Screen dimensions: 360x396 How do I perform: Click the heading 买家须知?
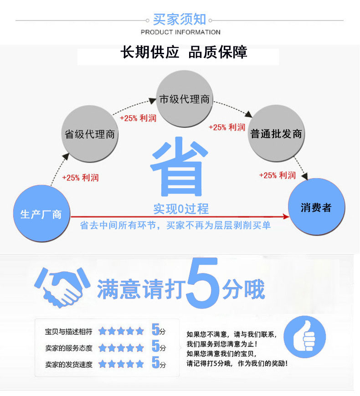click(x=180, y=20)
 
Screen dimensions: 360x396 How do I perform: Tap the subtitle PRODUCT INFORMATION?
click(x=180, y=32)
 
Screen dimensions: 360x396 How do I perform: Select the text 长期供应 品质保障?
click(x=184, y=53)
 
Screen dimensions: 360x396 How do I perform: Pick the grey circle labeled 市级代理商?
click(x=184, y=99)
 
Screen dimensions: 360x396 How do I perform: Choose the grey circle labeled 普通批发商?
click(x=276, y=134)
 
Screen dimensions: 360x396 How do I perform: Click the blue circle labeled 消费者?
click(x=316, y=207)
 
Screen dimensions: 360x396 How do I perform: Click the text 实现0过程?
click(x=181, y=209)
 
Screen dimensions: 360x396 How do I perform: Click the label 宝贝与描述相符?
click(x=69, y=332)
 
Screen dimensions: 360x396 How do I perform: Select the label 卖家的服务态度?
click(x=69, y=348)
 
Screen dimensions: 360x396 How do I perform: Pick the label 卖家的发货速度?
click(x=69, y=364)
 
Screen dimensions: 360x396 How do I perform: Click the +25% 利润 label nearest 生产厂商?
click(x=80, y=178)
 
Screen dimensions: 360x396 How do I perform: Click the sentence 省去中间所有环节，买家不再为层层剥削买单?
click(x=175, y=226)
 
